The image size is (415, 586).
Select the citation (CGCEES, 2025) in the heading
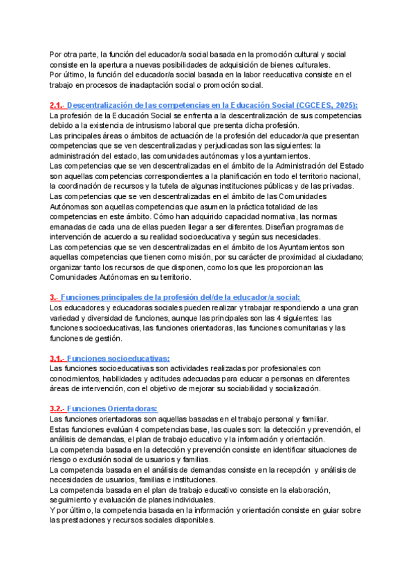(x=320, y=105)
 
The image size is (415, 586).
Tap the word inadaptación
(x=153, y=85)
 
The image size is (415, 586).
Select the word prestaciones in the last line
(x=86, y=520)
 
